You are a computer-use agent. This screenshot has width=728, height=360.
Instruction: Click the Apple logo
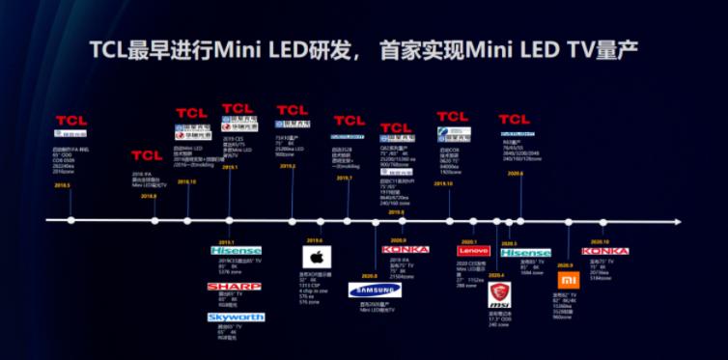tap(315, 258)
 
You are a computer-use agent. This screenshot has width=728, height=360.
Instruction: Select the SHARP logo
tap(235, 287)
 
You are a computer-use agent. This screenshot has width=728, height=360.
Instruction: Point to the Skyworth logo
tap(235, 317)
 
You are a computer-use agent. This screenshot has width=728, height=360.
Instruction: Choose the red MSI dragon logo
tap(499, 290)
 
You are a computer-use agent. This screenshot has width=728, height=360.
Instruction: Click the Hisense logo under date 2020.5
tap(525, 253)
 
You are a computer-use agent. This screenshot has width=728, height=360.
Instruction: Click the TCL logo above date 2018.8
tap(147, 154)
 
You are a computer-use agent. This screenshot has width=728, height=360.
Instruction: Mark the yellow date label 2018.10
tap(186, 180)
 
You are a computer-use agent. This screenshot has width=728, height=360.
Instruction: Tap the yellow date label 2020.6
tap(514, 173)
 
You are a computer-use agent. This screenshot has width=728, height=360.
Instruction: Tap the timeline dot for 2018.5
tap(70, 221)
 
